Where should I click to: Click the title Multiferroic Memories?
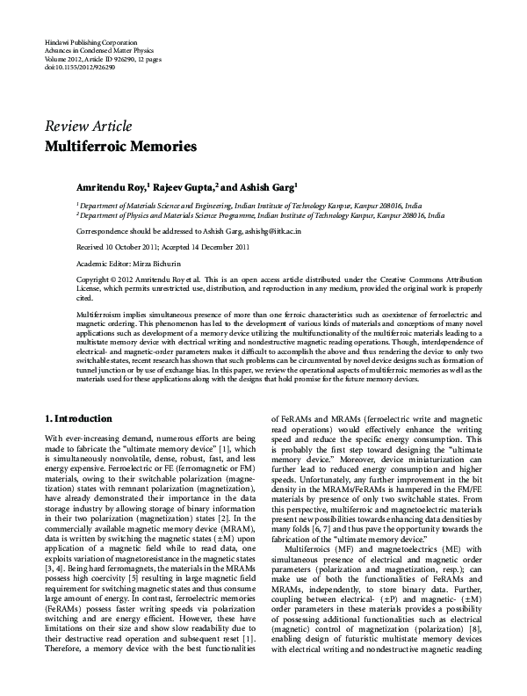click(x=121, y=144)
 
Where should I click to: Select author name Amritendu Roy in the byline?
click(x=110, y=186)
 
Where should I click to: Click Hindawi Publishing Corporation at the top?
click(x=90, y=42)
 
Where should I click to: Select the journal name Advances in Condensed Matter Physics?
click(x=98, y=50)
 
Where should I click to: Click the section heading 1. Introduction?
click(x=78, y=418)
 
